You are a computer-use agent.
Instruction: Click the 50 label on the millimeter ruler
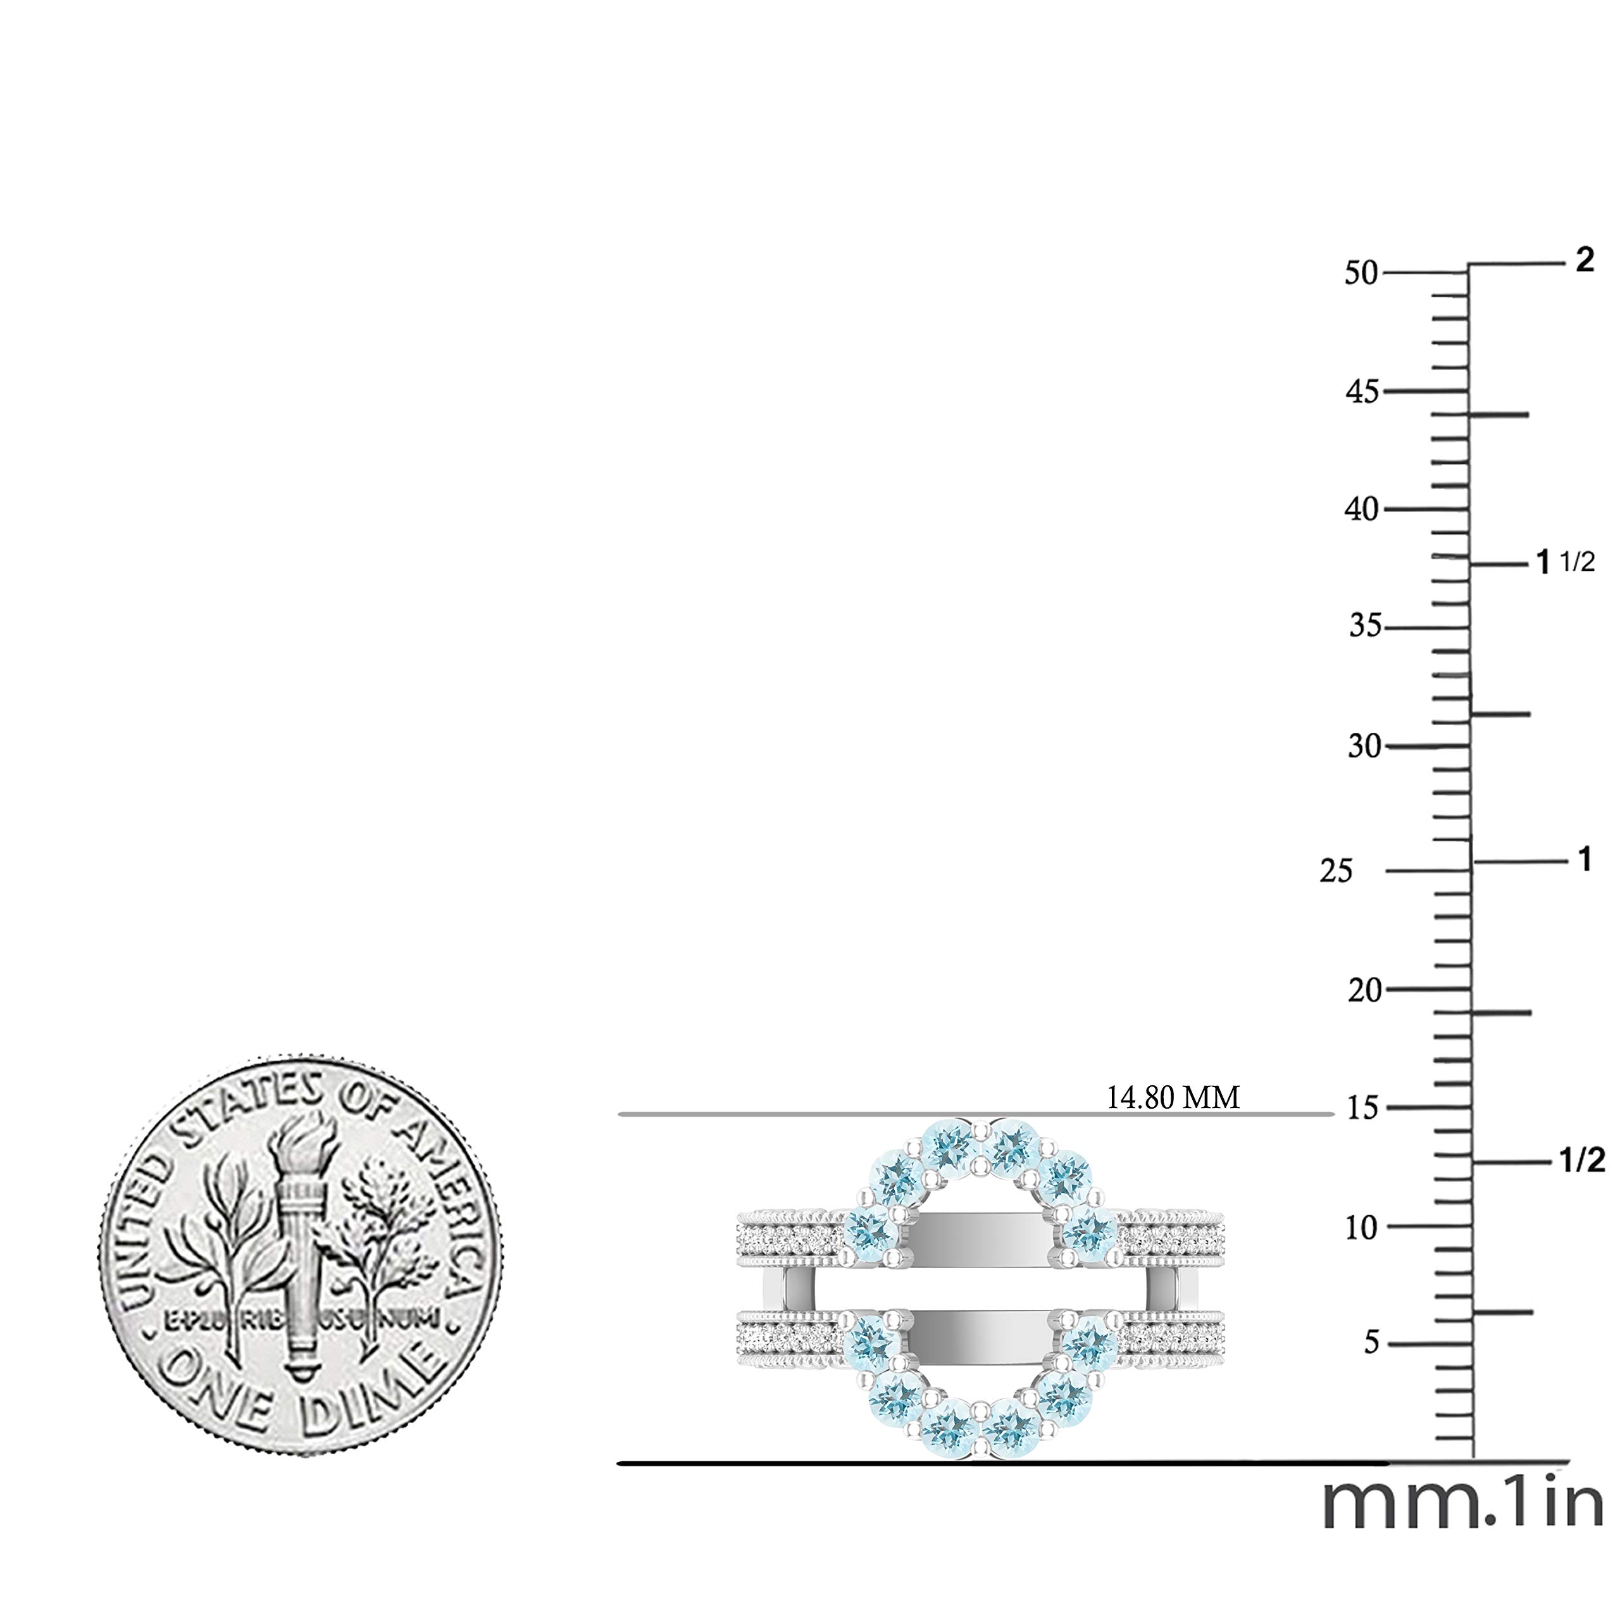click(1361, 273)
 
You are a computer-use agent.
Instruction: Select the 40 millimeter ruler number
click(1362, 509)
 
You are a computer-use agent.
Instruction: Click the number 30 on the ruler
click(1364, 745)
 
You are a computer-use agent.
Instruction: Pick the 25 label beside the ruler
click(1336, 871)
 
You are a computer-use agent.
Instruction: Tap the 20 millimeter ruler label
click(1364, 990)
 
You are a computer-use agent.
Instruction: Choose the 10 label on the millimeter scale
click(1362, 1228)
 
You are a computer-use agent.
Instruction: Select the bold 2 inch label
click(1584, 261)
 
